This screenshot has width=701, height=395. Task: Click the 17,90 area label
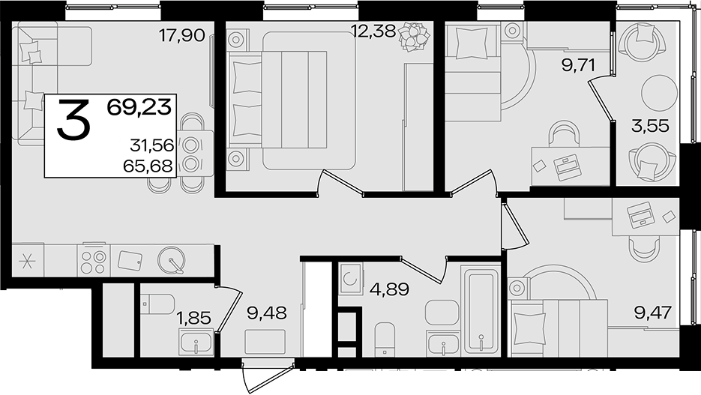[182, 34]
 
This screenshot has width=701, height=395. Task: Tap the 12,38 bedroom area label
[373, 31]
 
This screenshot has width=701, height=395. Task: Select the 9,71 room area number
[579, 66]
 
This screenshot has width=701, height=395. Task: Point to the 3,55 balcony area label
[650, 126]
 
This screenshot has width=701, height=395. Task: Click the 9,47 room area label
[653, 313]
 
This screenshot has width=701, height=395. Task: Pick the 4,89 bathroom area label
[389, 289]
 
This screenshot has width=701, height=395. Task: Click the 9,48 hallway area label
[266, 313]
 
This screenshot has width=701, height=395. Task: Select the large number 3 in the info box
[73, 120]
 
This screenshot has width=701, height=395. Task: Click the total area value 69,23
[139, 108]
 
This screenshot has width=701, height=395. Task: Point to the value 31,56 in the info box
[151, 145]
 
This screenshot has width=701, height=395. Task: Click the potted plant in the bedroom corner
[414, 36]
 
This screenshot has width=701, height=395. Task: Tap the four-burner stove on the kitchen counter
[94, 260]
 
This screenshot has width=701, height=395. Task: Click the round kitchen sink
[171, 260]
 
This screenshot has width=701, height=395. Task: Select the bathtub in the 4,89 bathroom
[481, 310]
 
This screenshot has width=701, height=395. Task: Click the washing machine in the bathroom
[350, 278]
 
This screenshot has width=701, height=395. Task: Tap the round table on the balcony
[658, 92]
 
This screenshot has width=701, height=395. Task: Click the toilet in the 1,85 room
[157, 304]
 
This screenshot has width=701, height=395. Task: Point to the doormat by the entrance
[265, 342]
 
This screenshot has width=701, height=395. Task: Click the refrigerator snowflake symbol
[27, 261]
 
